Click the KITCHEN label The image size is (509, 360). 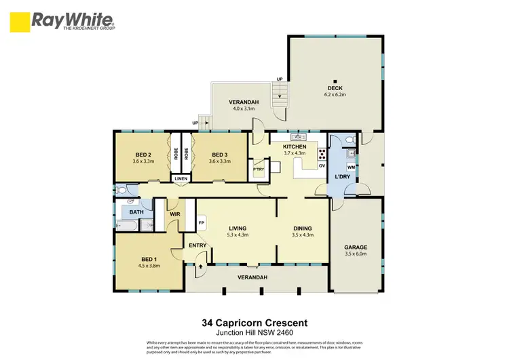295,147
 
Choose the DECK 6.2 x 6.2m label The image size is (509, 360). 336,87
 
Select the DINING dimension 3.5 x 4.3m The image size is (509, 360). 303,235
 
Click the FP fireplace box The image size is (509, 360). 202,222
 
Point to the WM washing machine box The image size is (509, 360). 351,167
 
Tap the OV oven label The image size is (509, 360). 322,165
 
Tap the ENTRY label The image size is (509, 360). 197,245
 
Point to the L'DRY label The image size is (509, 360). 342,178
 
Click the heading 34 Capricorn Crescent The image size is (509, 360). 254,324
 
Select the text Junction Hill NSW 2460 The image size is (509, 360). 254,334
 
